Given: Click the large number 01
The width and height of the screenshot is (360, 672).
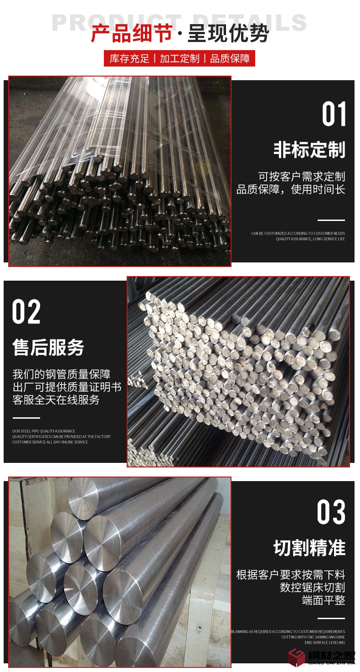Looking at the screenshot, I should tap(334, 114).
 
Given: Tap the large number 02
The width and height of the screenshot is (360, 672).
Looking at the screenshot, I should tap(26, 312).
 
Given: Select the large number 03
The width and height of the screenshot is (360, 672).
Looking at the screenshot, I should tap(331, 512).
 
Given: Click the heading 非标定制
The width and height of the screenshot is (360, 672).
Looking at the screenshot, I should tap(309, 150).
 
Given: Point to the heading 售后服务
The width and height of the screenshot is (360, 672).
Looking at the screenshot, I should tap(48, 348).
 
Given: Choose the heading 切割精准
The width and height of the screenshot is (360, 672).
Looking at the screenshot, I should tap(309, 548).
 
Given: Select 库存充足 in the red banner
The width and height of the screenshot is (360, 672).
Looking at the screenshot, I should tap(129, 59).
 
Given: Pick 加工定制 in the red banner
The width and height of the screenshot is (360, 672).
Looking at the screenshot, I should tap(180, 59).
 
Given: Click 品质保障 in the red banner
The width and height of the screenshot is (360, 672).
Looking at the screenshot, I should tap(230, 59).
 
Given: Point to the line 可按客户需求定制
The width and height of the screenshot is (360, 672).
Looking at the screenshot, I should tap(302, 177).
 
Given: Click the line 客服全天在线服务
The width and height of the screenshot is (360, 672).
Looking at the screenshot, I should tap(56, 400).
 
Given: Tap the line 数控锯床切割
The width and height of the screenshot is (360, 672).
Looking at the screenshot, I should tap(312, 587).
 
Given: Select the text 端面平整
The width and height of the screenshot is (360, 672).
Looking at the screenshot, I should tap(324, 600).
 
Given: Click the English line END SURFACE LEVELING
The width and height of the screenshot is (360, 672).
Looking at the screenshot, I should tap(325, 642).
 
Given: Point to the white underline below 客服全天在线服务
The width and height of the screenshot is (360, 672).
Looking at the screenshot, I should tap(26, 418).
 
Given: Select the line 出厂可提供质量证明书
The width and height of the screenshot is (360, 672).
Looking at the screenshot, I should tap(67, 387).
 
